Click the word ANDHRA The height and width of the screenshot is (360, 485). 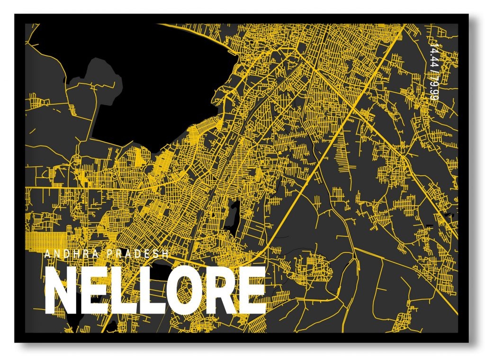click(71, 254)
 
